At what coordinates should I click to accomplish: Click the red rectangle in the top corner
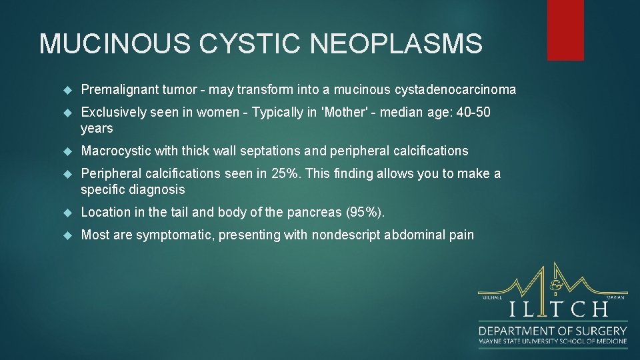pyautogui.click(x=565, y=30)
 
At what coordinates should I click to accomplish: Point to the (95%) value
pyautogui.click(x=365, y=212)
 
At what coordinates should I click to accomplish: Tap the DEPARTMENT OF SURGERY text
pyautogui.click(x=553, y=331)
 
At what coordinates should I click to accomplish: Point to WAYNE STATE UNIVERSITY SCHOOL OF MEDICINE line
pyautogui.click(x=553, y=341)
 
